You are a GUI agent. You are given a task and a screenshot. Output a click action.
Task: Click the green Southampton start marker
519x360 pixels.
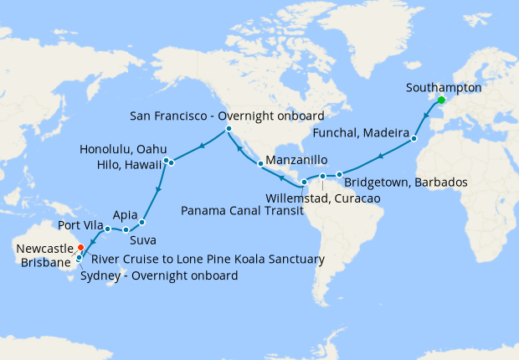[x=440, y=102]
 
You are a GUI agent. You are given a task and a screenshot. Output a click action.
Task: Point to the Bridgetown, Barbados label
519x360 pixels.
[x=400, y=183]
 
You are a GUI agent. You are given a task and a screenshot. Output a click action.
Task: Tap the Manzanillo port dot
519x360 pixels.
[x=260, y=163]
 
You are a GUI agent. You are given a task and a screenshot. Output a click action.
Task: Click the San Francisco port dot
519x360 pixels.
[x=228, y=129]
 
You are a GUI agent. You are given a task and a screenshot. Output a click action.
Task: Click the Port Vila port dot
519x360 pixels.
[x=107, y=229]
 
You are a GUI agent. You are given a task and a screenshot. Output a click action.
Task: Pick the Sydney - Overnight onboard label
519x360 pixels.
[x=159, y=275]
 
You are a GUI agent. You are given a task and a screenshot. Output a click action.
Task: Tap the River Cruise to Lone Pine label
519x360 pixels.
[x=207, y=260]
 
